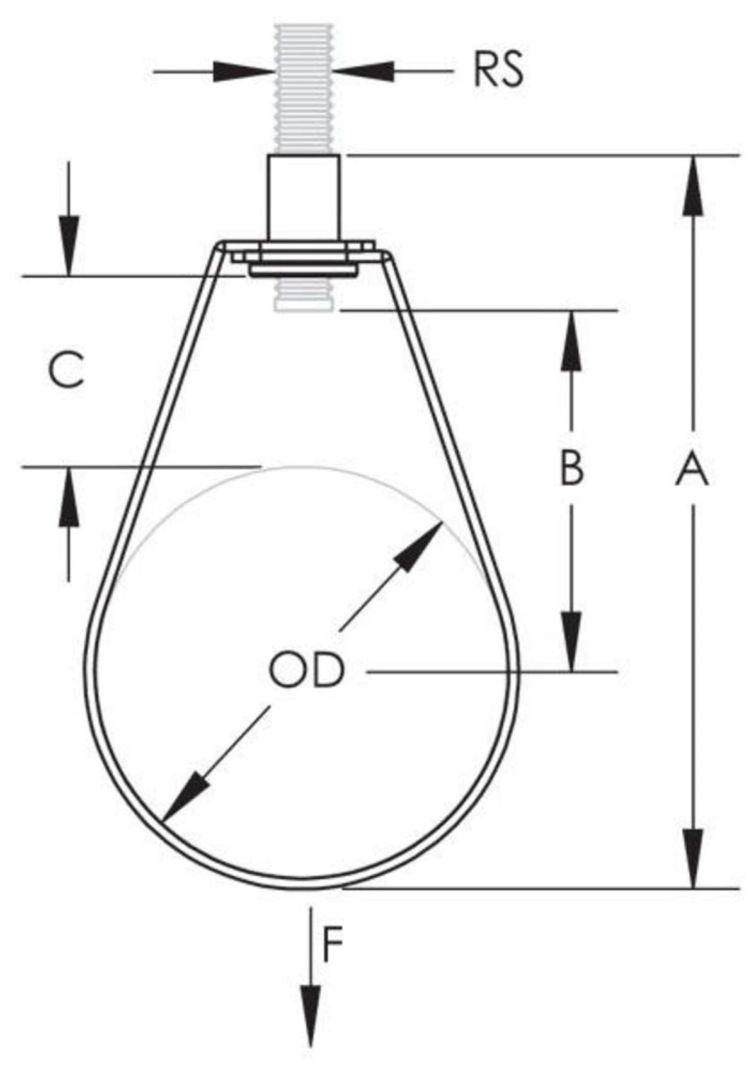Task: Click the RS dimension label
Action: tap(498, 71)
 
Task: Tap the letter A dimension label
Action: tap(692, 469)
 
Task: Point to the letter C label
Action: tap(67, 370)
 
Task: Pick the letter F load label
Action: tap(333, 944)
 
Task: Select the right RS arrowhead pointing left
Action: tap(364, 71)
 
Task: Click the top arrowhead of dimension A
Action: tap(692, 186)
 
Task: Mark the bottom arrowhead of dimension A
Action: tap(692, 858)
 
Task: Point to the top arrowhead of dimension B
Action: tap(571, 340)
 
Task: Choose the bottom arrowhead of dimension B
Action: tap(571, 641)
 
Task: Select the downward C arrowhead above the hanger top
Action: tap(69, 246)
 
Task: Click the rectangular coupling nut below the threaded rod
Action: tap(304, 197)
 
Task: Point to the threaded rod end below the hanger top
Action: tap(304, 294)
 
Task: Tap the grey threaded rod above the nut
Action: tap(304, 88)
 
